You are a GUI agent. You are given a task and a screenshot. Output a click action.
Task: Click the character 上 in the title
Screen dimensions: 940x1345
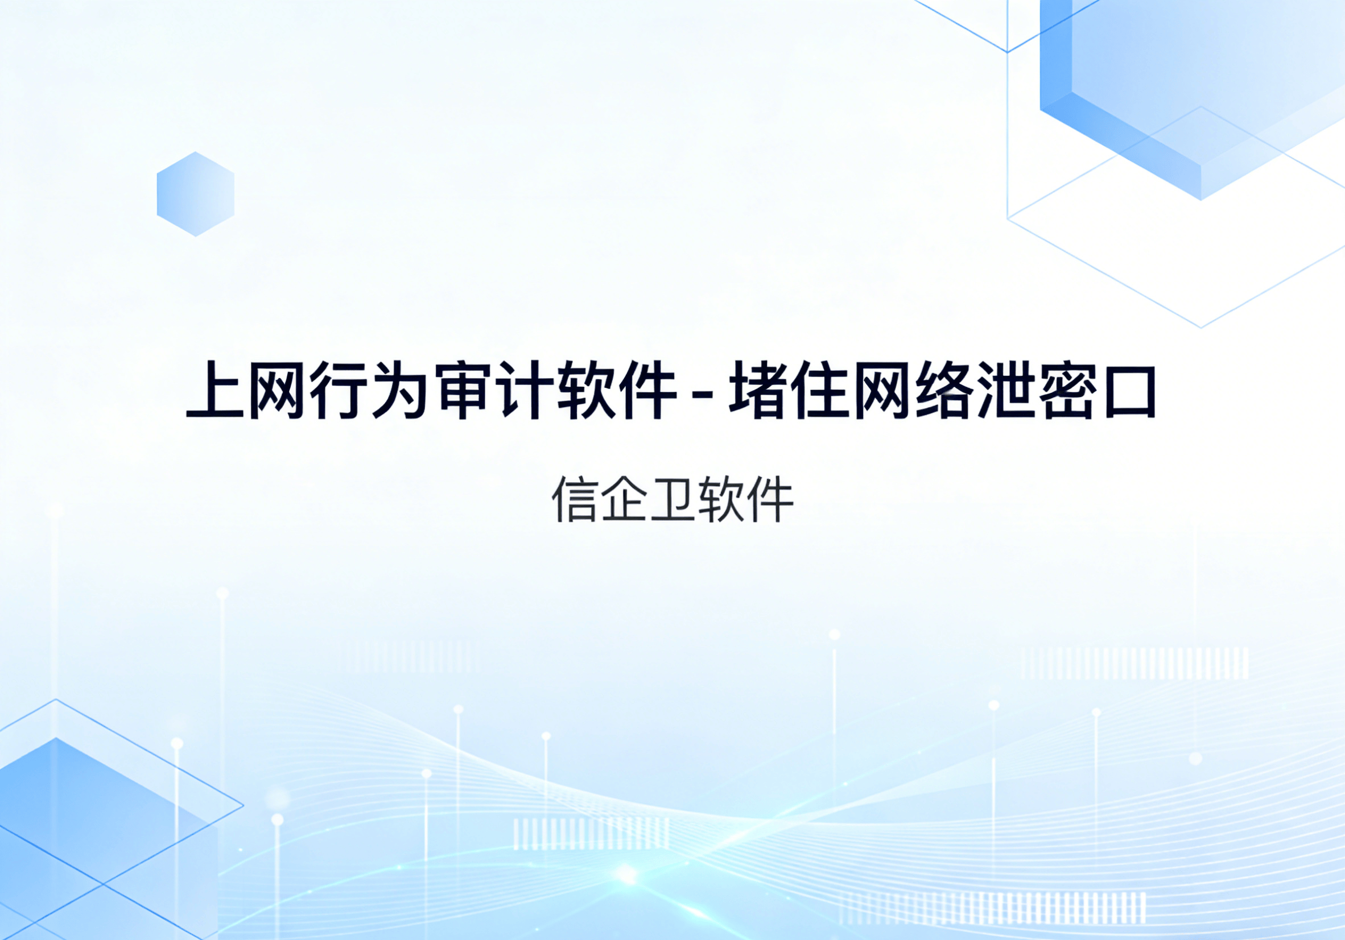click(x=215, y=390)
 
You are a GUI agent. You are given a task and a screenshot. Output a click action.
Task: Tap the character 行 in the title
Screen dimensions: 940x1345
click(x=338, y=390)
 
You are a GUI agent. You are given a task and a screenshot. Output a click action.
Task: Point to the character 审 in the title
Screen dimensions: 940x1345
click(x=463, y=390)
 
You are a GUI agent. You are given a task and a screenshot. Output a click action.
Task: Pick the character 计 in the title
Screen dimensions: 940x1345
click(x=526, y=390)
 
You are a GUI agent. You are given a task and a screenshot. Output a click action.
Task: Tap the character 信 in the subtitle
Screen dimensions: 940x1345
click(x=574, y=500)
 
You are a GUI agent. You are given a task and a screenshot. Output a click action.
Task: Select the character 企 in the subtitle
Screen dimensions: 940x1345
click(x=624, y=500)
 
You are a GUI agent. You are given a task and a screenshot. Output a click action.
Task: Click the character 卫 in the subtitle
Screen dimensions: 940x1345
click(x=672, y=500)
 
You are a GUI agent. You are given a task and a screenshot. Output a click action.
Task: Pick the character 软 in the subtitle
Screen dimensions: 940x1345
click(x=721, y=500)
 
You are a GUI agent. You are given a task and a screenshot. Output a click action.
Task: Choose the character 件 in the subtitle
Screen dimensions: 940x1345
click(x=770, y=500)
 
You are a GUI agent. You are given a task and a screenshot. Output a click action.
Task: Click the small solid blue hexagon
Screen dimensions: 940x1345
click(x=196, y=194)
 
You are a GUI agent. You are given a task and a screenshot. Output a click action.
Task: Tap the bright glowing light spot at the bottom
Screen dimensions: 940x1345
click(x=627, y=876)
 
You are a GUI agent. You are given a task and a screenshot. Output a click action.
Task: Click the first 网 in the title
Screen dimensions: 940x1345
click(x=277, y=390)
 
